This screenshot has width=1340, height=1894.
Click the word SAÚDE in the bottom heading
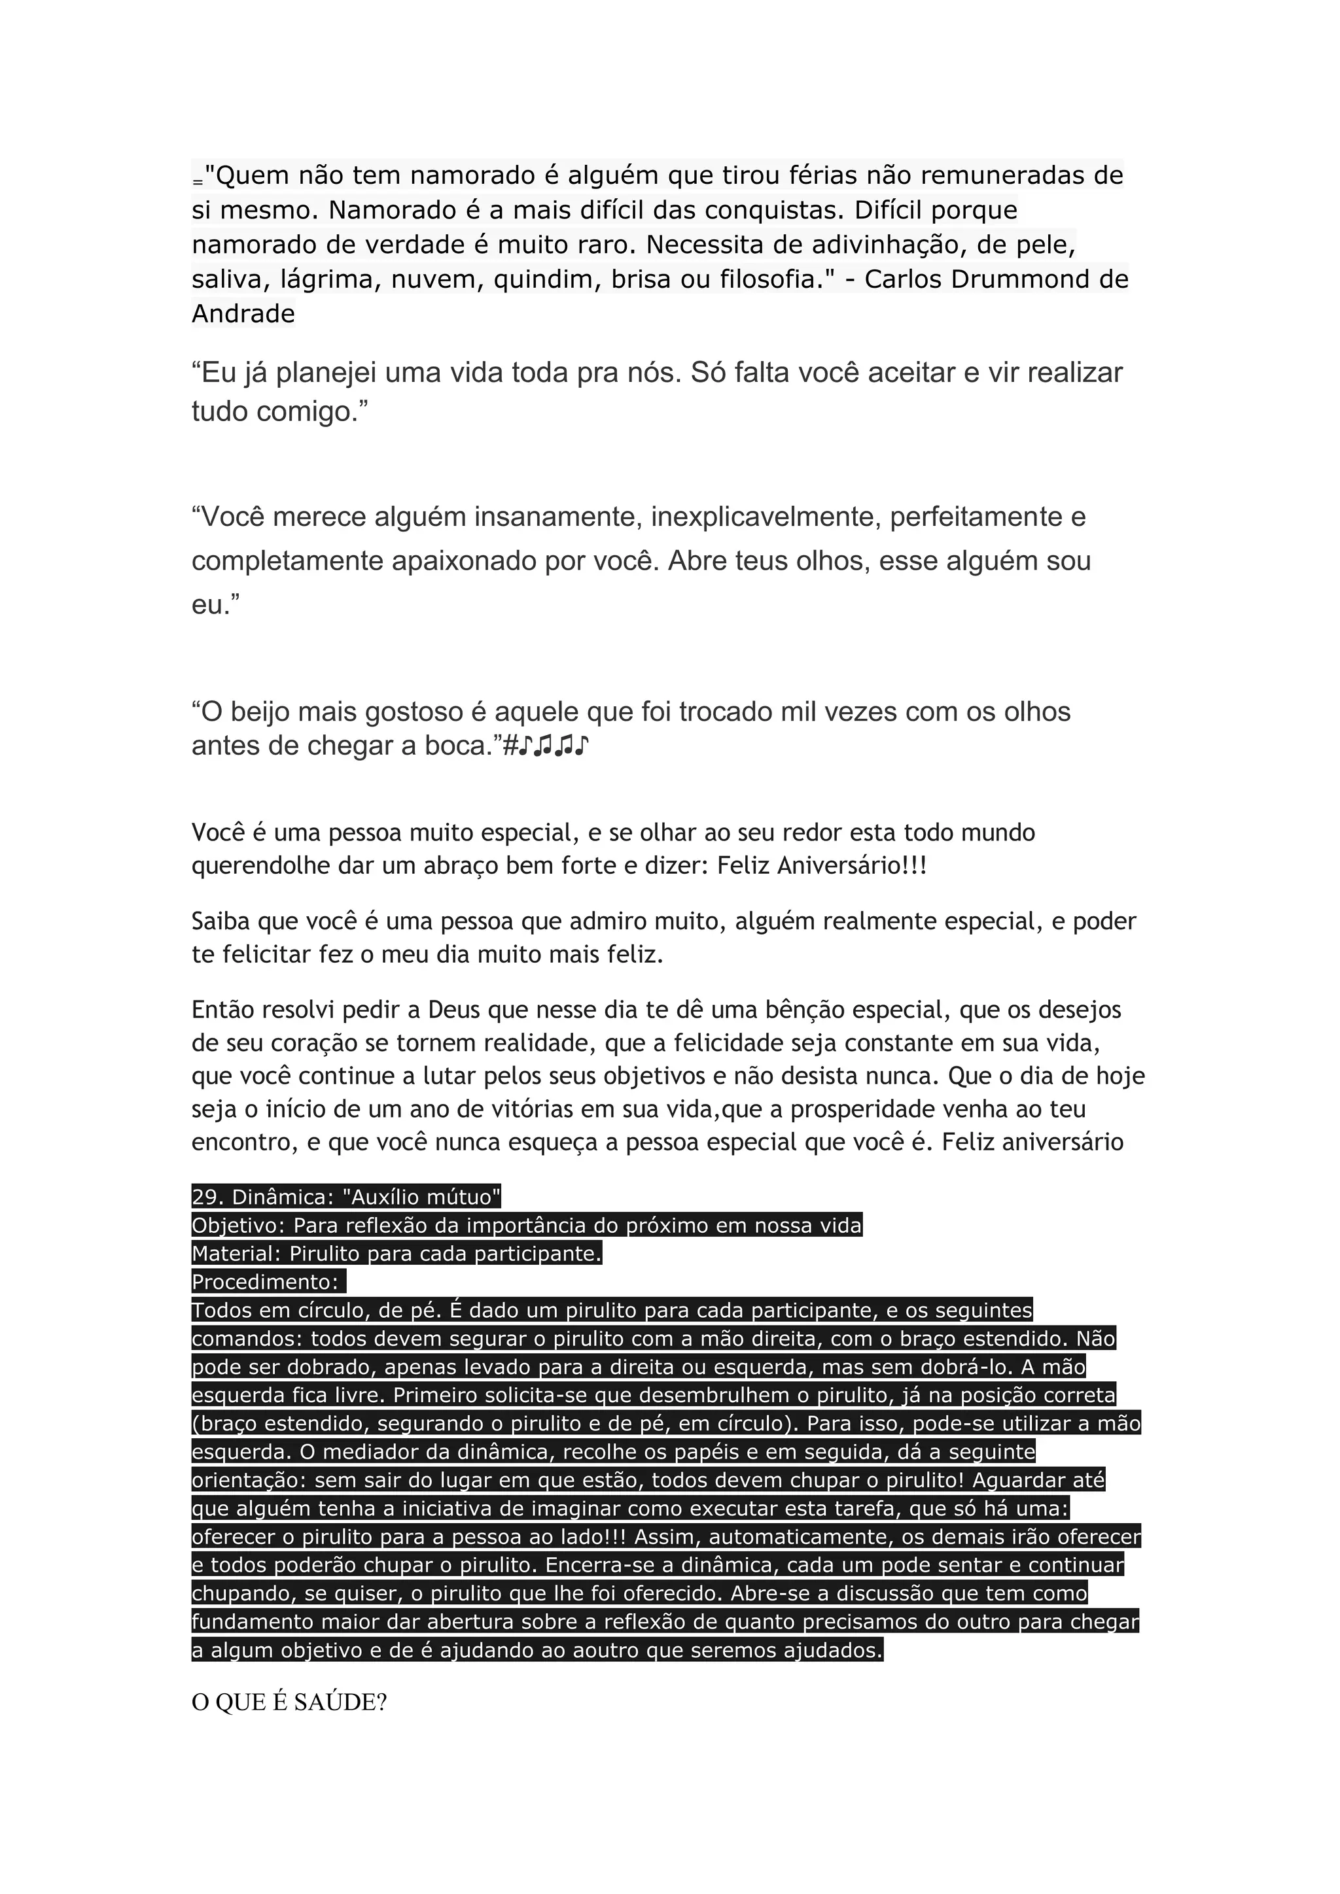point(340,1704)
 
